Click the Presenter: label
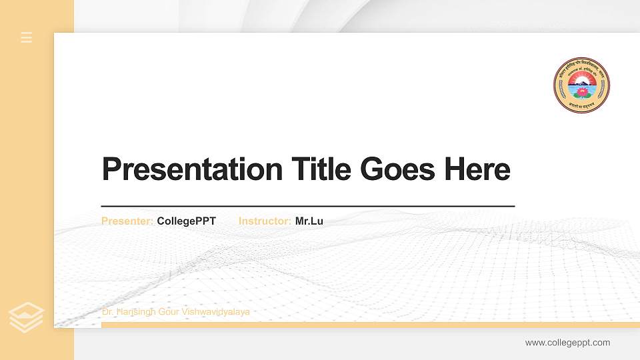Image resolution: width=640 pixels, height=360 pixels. [x=127, y=221]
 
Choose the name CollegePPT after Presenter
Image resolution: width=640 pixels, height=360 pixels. [x=187, y=221]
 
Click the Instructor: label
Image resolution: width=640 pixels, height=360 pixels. [x=265, y=221]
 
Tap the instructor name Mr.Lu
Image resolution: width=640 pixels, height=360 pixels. [x=309, y=221]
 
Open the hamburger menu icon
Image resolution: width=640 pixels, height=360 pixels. [x=27, y=37]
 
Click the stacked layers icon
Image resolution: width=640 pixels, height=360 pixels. [x=27, y=317]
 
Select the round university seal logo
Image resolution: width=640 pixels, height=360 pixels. [x=582, y=85]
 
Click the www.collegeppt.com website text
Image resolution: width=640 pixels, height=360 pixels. [x=567, y=343]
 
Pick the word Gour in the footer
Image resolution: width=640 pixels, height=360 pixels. [x=169, y=312]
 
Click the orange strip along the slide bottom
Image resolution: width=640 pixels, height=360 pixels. [x=367, y=325]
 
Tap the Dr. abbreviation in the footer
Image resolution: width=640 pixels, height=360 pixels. [x=107, y=312]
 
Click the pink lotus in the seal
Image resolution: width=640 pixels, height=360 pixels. [x=582, y=91]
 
